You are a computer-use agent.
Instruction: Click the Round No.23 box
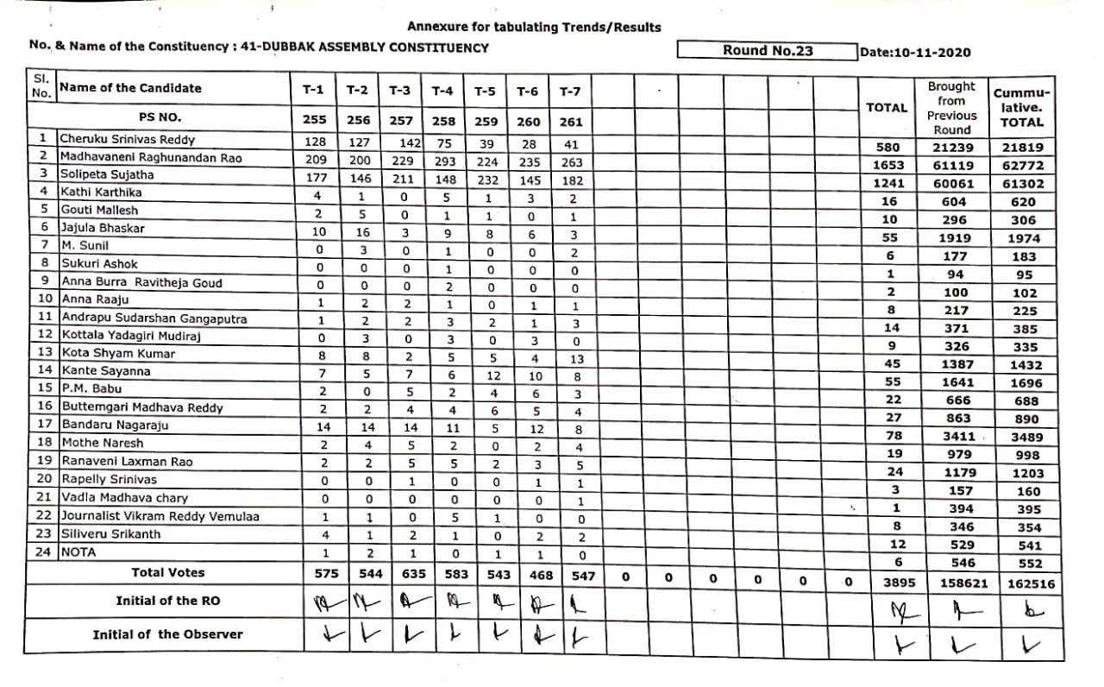click(767, 50)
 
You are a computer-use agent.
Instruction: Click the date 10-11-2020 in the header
click(915, 52)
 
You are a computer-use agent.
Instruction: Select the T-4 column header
click(442, 91)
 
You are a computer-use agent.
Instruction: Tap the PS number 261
click(570, 122)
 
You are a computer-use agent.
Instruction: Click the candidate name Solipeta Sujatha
click(107, 175)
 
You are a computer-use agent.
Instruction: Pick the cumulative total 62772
click(1022, 166)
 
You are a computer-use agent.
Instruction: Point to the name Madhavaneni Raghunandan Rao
click(151, 158)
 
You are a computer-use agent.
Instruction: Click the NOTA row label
click(78, 552)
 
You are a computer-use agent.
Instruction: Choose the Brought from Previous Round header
click(951, 108)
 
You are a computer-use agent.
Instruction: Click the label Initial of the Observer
click(167, 634)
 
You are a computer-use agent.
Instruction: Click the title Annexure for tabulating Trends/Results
click(534, 27)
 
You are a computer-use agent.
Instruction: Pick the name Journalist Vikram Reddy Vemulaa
click(160, 516)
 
